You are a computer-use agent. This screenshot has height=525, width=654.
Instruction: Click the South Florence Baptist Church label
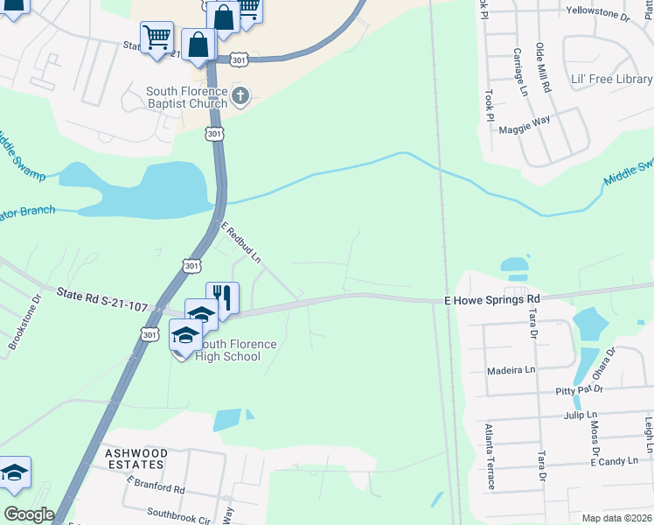[x=186, y=97]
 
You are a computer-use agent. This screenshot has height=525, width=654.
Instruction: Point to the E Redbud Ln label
[x=241, y=242]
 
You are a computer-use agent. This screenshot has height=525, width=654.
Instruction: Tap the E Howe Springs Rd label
[x=492, y=299]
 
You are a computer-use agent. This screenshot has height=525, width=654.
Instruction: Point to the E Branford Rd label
[x=156, y=485]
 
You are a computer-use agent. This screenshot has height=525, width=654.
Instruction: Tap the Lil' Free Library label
[x=611, y=79]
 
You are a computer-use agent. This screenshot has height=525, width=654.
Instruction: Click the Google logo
[x=29, y=514]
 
